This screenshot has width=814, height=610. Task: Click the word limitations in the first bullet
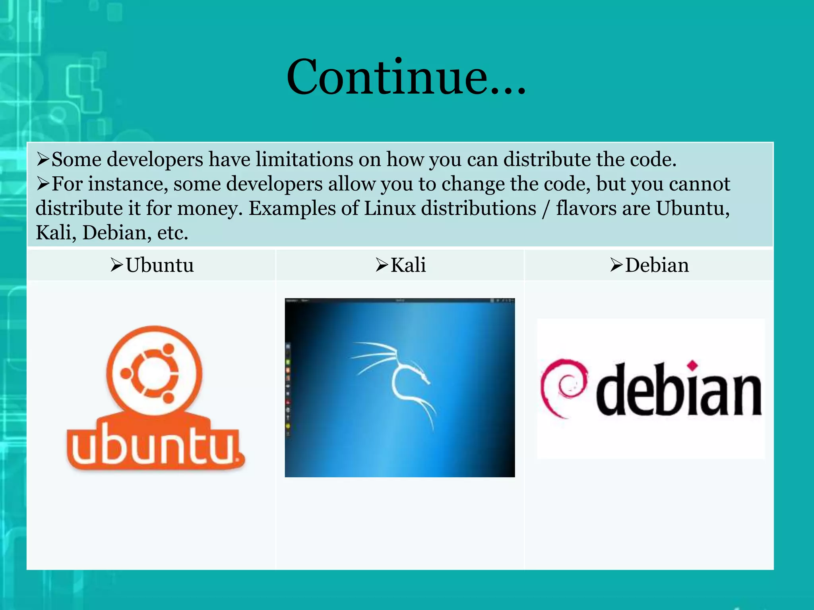(x=304, y=160)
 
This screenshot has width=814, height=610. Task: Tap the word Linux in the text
(x=390, y=208)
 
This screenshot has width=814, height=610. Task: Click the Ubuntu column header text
(x=160, y=265)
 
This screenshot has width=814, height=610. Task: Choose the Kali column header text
(x=408, y=265)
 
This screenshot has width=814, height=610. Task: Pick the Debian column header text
(x=657, y=265)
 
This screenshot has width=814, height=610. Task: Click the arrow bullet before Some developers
(x=43, y=160)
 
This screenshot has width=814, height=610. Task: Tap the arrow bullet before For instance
(x=43, y=184)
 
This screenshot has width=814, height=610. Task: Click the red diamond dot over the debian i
(x=693, y=365)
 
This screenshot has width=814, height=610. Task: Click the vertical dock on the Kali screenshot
(x=288, y=389)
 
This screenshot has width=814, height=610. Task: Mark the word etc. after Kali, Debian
(x=172, y=233)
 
